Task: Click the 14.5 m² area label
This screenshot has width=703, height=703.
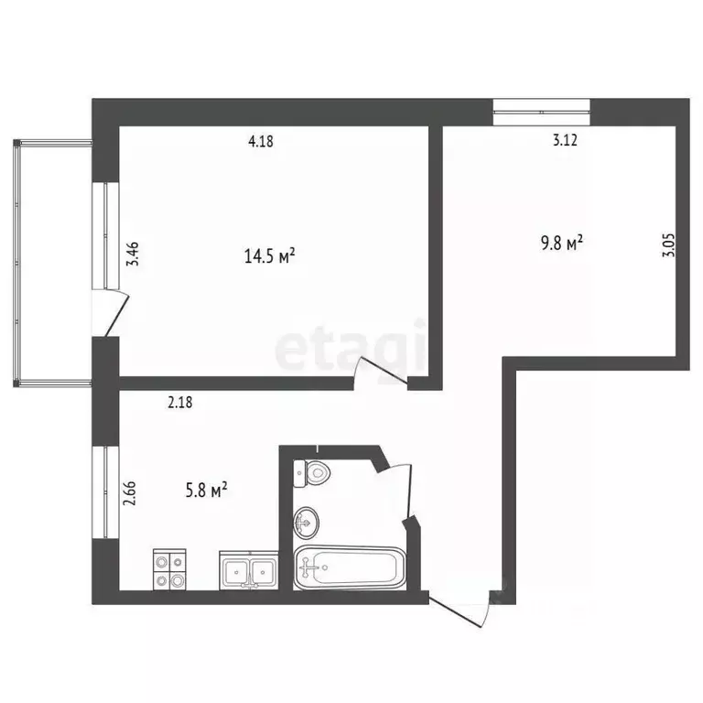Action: (269, 256)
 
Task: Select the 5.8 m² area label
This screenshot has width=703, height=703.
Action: (206, 492)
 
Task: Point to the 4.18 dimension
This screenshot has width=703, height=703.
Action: (261, 141)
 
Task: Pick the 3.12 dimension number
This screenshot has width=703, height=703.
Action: (565, 141)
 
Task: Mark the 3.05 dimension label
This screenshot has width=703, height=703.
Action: (668, 246)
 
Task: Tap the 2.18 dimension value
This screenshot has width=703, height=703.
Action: (181, 401)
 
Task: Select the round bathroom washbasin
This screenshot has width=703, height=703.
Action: (307, 524)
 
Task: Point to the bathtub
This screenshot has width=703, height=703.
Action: (348, 568)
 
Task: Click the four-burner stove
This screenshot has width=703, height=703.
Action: (169, 569)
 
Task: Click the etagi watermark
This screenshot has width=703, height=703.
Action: (351, 347)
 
